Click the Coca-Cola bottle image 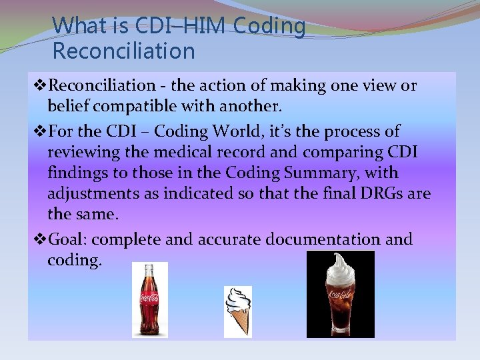pos(149,299)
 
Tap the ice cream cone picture pos(237,310)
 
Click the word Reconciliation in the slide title pos(123,51)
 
